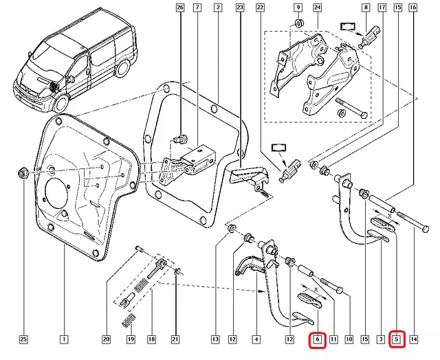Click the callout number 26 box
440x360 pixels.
click(x=180, y=8)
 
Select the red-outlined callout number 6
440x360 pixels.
click(x=318, y=340)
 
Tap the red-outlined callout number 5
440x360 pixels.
click(x=397, y=339)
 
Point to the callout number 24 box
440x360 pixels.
click(x=317, y=8)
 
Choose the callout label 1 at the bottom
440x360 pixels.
click(x=64, y=339)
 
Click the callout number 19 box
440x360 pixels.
click(x=131, y=339)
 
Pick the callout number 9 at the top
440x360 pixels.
click(x=298, y=8)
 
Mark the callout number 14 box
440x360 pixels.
click(x=414, y=339)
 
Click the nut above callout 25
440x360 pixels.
click(x=23, y=172)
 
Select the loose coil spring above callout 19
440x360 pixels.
click(x=129, y=320)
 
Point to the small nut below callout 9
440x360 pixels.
click(x=298, y=23)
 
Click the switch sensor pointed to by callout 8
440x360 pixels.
click(x=370, y=36)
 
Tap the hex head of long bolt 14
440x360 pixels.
click(x=426, y=229)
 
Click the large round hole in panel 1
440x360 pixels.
click(x=56, y=194)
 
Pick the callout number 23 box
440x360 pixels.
click(x=240, y=8)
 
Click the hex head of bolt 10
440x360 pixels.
click(x=340, y=290)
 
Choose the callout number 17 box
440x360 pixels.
click(x=382, y=8)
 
